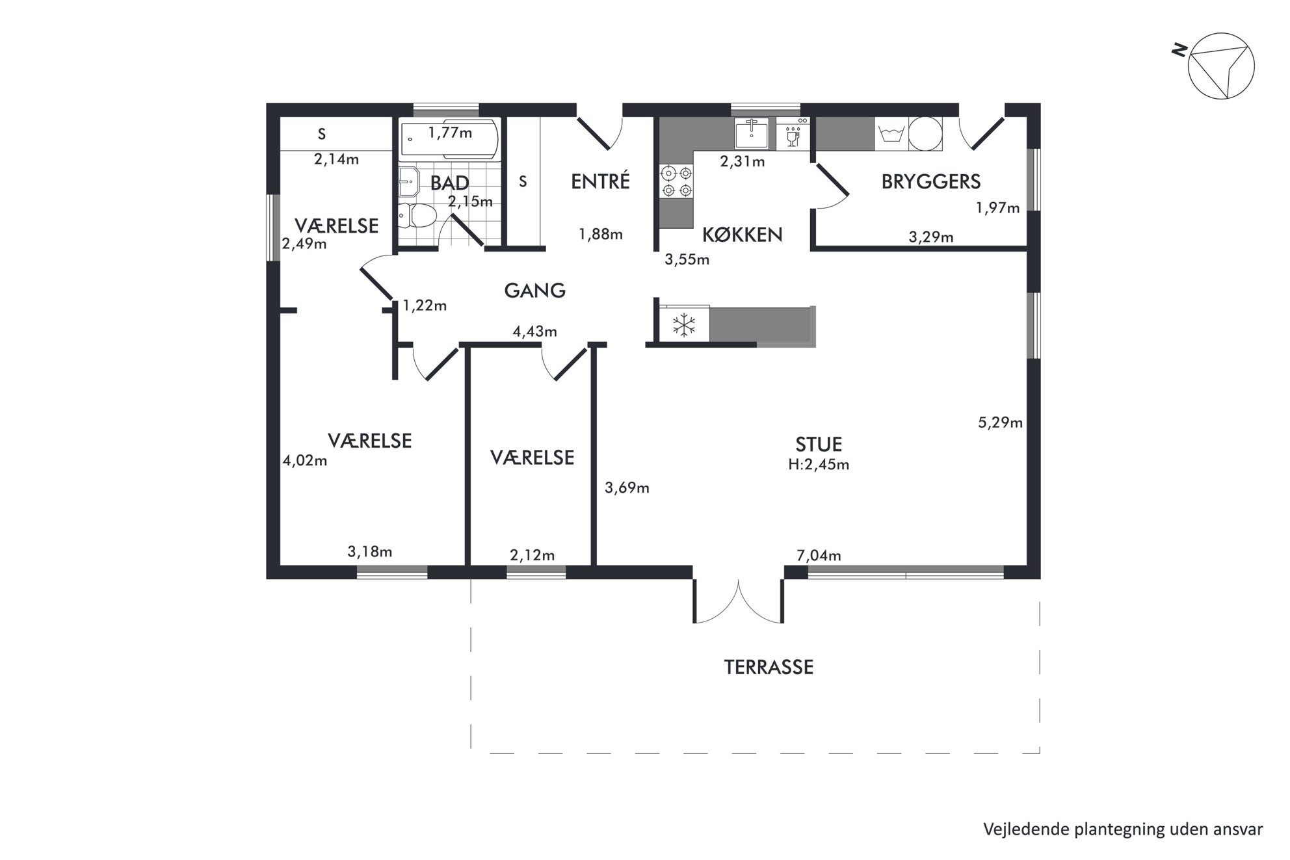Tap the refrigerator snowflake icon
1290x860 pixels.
[684, 324]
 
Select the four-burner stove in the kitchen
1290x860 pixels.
[676, 182]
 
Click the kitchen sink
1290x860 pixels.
[752, 133]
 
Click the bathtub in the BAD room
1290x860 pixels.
[449, 138]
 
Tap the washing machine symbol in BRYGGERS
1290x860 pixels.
[891, 134]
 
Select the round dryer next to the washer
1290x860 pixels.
[925, 134]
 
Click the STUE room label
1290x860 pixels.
[819, 445]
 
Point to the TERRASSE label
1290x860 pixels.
[769, 667]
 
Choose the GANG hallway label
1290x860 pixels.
[534, 291]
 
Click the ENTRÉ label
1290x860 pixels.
[600, 181]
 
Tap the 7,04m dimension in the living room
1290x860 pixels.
[819, 556]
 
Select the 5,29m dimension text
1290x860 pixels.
[1000, 423]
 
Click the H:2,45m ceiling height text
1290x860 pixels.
[819, 465]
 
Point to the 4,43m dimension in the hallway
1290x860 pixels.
[534, 332]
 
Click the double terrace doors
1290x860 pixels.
[739, 602]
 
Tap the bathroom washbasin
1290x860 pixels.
[410, 181]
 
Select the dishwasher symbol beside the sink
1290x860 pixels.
[793, 134]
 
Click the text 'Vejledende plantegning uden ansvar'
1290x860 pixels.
[1123, 829]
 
